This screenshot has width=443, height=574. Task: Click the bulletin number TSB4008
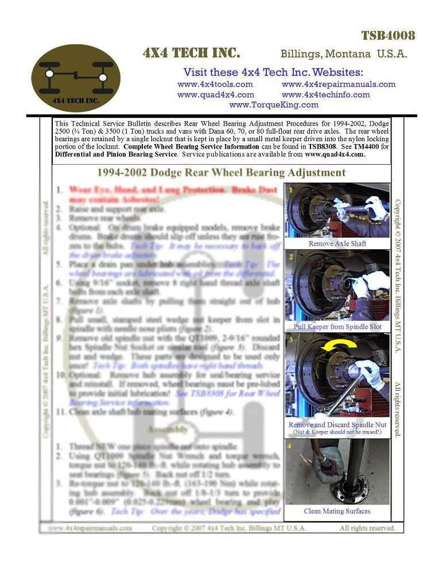click(x=387, y=36)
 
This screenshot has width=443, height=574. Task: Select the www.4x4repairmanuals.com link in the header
click(x=339, y=84)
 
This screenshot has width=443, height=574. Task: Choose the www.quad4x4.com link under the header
click(x=215, y=94)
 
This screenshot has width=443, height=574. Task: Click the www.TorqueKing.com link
click(x=273, y=104)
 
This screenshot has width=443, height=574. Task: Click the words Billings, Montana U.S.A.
click(x=344, y=55)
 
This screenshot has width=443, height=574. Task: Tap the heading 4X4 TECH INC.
click(x=191, y=53)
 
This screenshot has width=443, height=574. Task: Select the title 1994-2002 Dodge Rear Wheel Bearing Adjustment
click(x=222, y=172)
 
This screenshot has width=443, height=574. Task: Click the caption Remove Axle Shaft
click(x=337, y=243)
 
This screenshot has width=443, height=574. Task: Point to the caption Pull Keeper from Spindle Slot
click(x=337, y=327)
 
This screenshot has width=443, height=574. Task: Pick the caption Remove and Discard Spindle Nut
click(x=337, y=425)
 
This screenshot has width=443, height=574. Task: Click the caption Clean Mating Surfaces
click(x=337, y=511)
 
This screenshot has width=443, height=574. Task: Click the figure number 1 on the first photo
click(x=291, y=189)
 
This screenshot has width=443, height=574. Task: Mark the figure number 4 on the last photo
click(x=290, y=445)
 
